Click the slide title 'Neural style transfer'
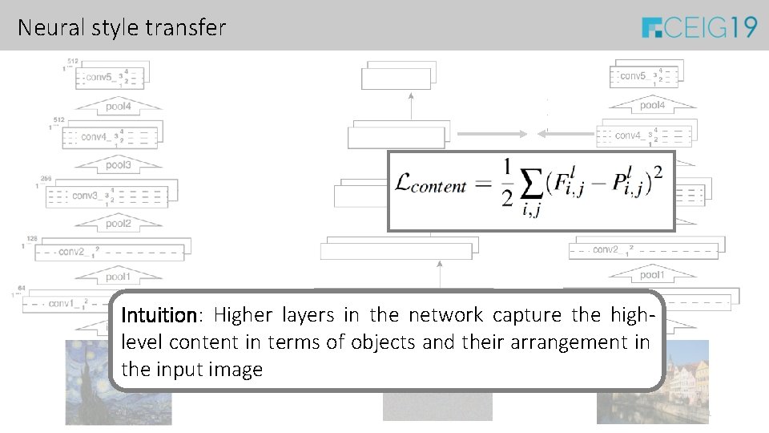click(x=122, y=28)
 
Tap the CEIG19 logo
click(x=699, y=28)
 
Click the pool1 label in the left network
click(x=117, y=277)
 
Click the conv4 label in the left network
click(x=96, y=137)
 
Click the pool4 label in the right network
click(x=652, y=106)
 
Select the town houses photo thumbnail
click(x=653, y=382)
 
